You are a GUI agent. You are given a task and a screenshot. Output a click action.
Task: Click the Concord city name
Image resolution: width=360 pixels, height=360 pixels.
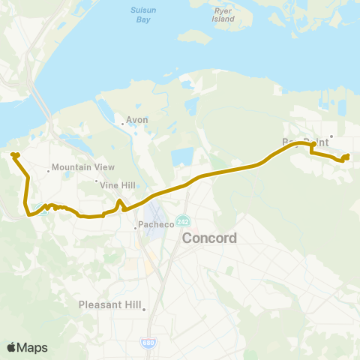point(210,238)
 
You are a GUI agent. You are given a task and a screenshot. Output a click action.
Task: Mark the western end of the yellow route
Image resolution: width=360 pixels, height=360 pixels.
point(13,154)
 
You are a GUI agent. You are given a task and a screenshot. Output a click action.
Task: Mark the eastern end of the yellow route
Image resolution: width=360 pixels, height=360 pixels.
point(347,156)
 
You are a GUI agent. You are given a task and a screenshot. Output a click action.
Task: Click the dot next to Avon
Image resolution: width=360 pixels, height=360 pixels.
point(122,124)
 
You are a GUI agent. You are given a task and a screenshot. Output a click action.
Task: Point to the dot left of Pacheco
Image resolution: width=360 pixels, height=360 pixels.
point(135,225)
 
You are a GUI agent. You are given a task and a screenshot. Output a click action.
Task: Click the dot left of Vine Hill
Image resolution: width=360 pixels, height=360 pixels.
point(96,181)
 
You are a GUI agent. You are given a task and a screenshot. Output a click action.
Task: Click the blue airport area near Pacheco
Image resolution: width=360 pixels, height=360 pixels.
point(159,212)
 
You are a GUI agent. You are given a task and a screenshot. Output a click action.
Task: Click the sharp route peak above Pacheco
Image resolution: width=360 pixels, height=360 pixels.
point(118,201)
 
